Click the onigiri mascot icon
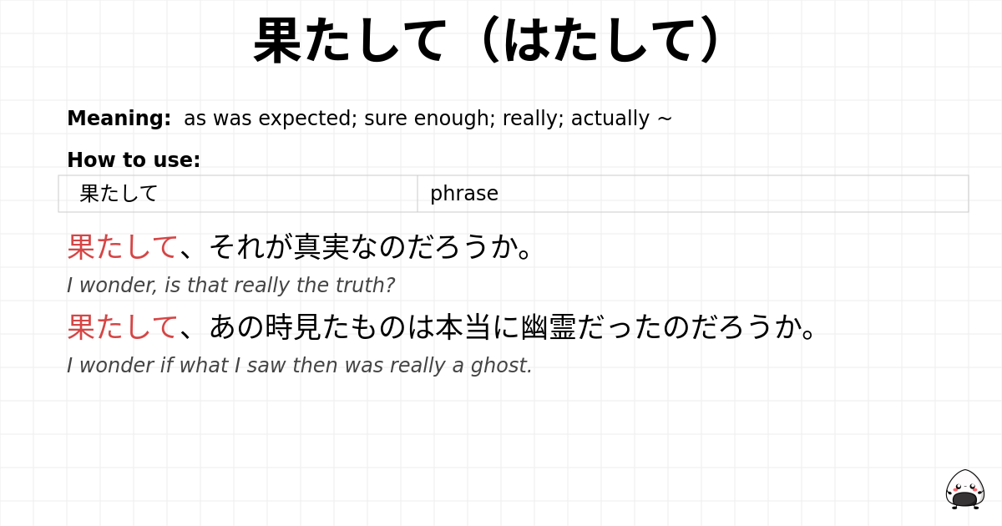point(964,489)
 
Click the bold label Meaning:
point(119,119)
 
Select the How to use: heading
point(134,160)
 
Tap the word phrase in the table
point(464,194)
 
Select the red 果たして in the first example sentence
point(122,247)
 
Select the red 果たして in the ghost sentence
point(122,327)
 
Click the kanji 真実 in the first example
point(321,247)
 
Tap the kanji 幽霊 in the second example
point(549,327)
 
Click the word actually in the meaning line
point(610,119)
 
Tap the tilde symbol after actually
point(665,119)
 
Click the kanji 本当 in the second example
point(463,327)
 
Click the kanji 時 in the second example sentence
point(279,327)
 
